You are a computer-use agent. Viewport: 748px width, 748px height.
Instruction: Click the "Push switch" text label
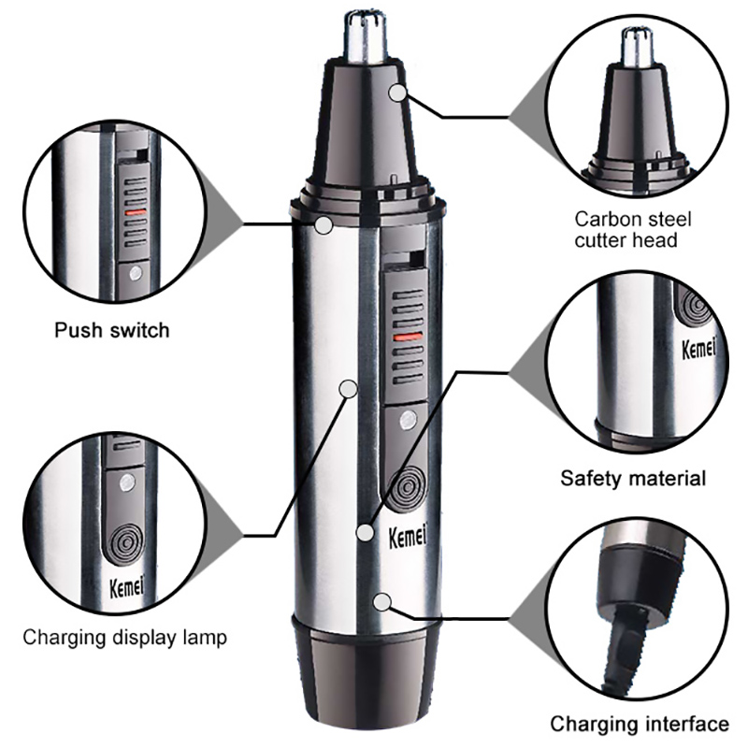pos(111,330)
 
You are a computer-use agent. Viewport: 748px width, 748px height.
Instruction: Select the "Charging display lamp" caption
pos(124,638)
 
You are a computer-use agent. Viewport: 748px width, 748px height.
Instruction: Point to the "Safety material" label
pos(633,479)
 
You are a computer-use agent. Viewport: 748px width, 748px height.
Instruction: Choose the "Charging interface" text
pos(639,723)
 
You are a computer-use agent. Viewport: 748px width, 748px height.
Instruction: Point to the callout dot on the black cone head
pos(400,92)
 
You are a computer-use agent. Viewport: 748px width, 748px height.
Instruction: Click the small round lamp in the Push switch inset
pos(136,274)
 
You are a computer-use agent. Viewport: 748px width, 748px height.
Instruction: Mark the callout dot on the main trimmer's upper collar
pos(324,225)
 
